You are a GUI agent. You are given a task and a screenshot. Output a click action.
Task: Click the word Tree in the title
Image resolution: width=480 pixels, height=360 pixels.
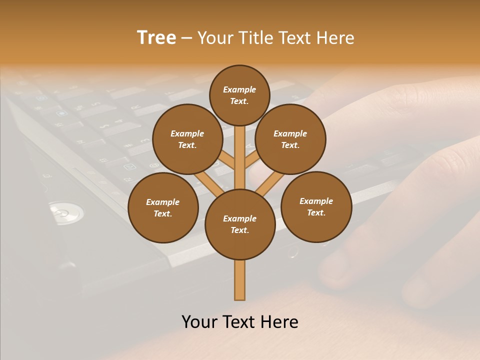pos(156,38)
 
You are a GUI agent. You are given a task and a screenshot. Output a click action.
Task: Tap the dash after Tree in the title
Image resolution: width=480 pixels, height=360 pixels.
pos(186,38)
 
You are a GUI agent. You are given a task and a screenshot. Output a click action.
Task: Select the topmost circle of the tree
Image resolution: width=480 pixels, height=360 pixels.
pos(239,95)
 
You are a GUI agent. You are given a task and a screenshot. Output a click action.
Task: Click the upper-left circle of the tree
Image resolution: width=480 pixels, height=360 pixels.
pos(187,139)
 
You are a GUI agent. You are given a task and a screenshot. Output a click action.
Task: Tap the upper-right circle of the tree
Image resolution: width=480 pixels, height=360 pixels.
pos(290,139)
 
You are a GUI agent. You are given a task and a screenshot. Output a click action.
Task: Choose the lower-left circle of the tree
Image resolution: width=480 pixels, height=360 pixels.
pos(162,207)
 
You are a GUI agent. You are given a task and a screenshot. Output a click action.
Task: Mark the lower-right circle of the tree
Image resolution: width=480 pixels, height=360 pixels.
pos(316,206)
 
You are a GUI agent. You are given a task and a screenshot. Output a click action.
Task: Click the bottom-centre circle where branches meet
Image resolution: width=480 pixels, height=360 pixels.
pos(239,224)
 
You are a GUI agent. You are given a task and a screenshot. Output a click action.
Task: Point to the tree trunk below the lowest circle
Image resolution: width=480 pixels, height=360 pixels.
pos(239,280)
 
